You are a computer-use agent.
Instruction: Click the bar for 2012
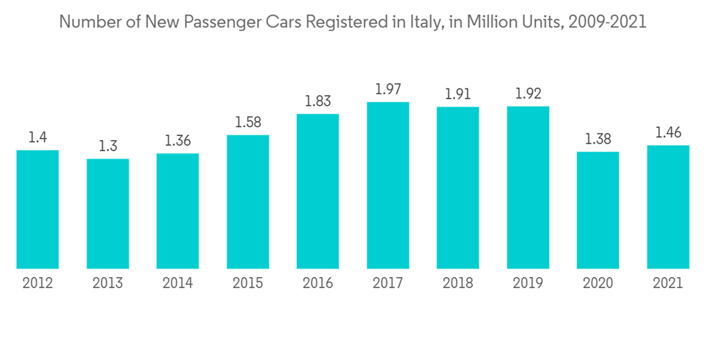(x=38, y=209)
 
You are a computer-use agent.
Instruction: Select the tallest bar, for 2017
(x=388, y=186)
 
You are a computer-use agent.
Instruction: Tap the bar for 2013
(x=108, y=214)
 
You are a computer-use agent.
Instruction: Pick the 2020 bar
(x=598, y=210)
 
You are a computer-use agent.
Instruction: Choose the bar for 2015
(x=248, y=201)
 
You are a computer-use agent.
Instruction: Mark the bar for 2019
(x=528, y=188)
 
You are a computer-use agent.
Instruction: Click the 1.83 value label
(x=318, y=101)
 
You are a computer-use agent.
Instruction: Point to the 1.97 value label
(x=388, y=89)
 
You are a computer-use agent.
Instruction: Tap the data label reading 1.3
(x=108, y=146)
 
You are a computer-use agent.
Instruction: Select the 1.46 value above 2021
(x=668, y=133)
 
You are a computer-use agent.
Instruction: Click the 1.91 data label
(x=458, y=94)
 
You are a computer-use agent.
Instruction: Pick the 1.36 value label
(x=178, y=141)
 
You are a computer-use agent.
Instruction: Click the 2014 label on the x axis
(x=178, y=283)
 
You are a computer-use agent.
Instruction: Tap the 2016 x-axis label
(x=318, y=283)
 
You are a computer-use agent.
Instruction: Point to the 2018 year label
(x=458, y=283)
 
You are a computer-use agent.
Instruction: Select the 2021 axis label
(x=668, y=283)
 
